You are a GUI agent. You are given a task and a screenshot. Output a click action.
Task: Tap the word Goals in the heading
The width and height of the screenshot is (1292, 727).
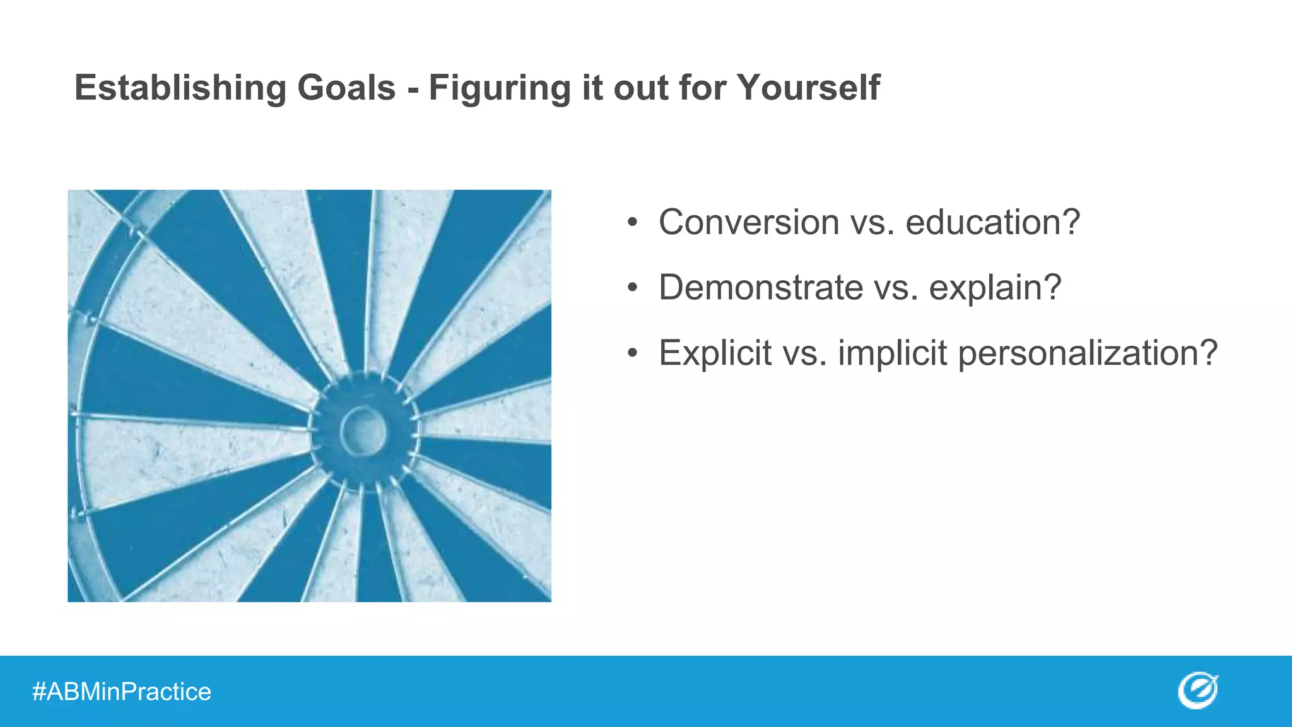tap(346, 87)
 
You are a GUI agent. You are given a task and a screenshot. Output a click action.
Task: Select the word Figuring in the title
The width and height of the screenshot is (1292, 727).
tap(500, 88)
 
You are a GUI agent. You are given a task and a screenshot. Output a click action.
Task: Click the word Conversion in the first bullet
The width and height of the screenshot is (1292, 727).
tap(749, 222)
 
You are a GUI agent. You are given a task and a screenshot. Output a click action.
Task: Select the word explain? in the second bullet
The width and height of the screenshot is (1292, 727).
tap(995, 288)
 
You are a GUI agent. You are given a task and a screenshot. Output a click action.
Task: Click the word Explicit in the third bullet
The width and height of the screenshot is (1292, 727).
tap(715, 353)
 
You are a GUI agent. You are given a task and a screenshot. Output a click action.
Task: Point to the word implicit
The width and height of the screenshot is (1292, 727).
tap(892, 353)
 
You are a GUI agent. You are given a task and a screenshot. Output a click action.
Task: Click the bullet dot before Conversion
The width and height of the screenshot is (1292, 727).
tap(633, 223)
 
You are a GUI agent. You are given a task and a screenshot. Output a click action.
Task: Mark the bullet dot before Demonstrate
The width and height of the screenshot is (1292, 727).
tap(633, 288)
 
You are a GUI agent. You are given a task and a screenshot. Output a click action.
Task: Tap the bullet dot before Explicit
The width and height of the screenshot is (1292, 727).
tap(633, 353)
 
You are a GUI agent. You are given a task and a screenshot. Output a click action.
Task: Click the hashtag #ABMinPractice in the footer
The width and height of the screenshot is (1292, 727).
tap(122, 692)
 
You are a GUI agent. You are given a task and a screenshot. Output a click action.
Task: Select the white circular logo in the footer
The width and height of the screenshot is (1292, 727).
tap(1197, 691)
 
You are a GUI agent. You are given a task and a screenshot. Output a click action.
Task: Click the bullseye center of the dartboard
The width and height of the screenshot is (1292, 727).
tap(363, 431)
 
